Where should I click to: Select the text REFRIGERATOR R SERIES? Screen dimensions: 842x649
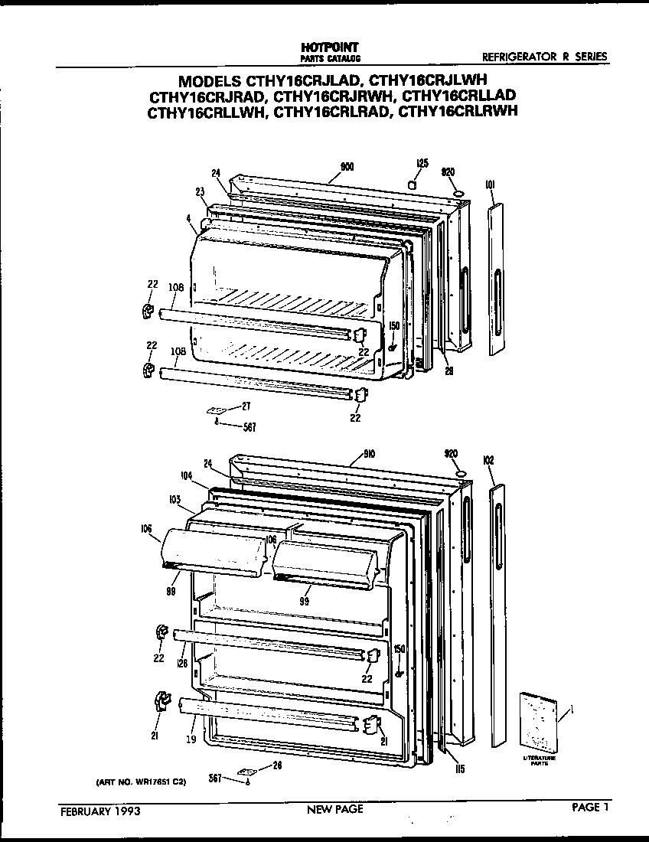click(544, 57)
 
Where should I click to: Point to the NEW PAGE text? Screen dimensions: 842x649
click(334, 809)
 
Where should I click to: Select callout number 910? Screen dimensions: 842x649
click(357, 454)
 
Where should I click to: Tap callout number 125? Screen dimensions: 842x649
click(422, 163)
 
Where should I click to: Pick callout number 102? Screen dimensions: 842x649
click(489, 461)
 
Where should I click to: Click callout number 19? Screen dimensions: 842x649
click(191, 739)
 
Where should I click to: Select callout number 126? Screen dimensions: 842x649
click(181, 662)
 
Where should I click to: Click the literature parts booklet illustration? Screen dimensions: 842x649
click(537, 722)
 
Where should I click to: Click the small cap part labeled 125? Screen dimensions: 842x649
click(411, 185)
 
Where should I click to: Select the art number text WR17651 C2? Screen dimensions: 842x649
click(142, 783)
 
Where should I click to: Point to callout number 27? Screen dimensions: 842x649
click(246, 406)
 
